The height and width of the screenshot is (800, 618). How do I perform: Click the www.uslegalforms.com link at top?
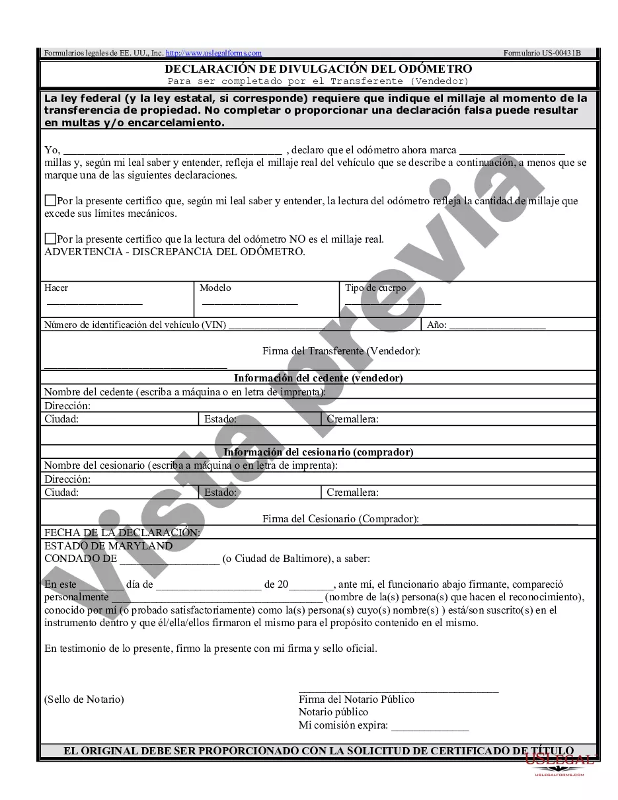213,53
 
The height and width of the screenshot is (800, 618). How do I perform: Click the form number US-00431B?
541,53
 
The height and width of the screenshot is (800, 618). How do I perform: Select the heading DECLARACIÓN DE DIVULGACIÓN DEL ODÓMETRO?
318,69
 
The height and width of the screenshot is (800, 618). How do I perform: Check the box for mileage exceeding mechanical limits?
50,200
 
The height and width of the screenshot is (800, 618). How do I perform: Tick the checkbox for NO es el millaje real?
50,239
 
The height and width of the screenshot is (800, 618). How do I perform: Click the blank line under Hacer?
94,303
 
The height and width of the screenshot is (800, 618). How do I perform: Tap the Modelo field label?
215,288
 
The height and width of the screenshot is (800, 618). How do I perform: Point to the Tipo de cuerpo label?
375,288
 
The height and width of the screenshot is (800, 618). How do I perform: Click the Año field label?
437,325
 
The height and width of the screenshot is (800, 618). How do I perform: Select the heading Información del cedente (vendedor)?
318,378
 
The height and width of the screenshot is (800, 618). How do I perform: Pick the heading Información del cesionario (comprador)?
318,452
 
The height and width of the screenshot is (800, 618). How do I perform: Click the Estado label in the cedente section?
220,419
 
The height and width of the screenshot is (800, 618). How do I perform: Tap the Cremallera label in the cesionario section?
352,493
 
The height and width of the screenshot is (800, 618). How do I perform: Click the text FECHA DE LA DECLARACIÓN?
122,532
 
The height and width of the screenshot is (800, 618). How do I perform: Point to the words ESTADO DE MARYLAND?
108,546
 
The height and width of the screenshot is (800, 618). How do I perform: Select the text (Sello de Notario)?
84,700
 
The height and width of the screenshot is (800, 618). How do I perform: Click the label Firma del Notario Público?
356,700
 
